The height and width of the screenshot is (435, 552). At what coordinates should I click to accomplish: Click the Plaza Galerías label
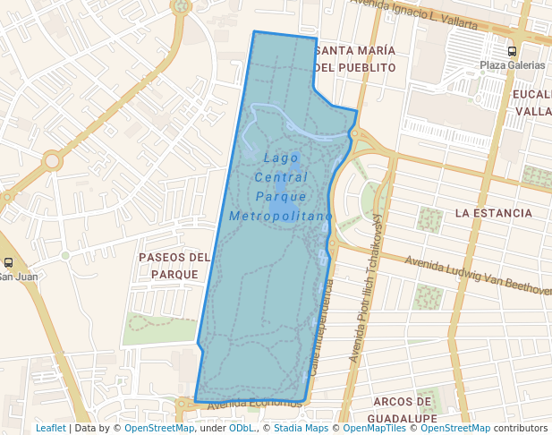(512, 65)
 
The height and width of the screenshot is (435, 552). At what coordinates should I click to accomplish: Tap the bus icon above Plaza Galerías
(512, 52)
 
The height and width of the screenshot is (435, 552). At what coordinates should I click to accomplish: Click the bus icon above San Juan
(8, 263)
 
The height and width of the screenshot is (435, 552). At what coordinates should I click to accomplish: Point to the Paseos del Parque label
(174, 266)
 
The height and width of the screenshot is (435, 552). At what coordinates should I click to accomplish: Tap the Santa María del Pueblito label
(355, 58)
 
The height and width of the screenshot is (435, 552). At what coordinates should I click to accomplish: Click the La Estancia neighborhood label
(493, 213)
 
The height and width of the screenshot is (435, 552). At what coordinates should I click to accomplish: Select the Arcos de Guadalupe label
(405, 409)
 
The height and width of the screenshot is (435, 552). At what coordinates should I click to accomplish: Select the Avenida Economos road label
(254, 404)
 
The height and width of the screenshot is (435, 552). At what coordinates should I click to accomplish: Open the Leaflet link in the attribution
(50, 429)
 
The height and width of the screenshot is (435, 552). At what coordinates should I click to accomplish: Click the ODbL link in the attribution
(241, 429)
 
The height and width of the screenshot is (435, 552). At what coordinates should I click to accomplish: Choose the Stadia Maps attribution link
(300, 429)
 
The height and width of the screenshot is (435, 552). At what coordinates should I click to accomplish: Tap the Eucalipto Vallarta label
(532, 102)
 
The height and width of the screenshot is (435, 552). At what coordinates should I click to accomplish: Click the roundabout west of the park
(52, 161)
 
